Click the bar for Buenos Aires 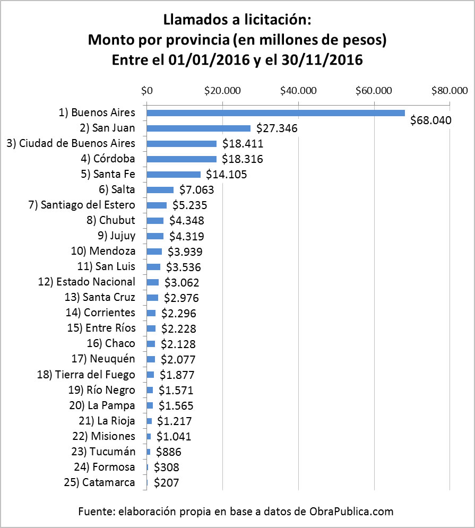275,113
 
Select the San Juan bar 198,128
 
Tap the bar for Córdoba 182,159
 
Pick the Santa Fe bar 174,175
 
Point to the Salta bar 160,190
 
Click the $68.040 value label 431,120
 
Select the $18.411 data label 242,144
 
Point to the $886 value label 167,452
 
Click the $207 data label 167,483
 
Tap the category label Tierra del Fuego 88,375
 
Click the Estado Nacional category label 87,282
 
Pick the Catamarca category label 101,483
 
